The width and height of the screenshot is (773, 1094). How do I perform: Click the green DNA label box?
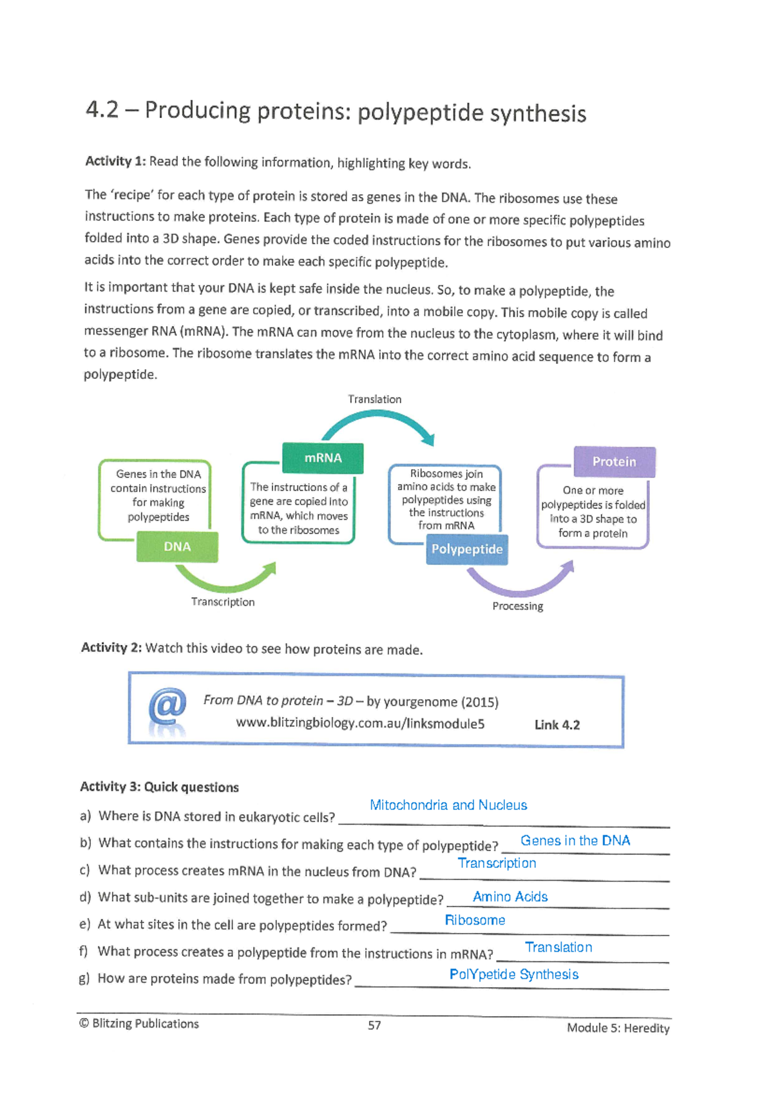tap(177, 547)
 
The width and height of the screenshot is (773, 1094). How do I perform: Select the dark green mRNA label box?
tap(323, 458)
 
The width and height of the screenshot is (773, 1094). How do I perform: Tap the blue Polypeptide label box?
tap(467, 550)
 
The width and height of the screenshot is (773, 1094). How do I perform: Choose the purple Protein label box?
tap(615, 462)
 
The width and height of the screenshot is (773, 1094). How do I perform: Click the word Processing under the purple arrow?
tap(517, 606)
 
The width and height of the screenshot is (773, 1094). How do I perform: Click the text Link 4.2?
tap(557, 725)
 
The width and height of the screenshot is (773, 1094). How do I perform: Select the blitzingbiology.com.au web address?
tap(360, 724)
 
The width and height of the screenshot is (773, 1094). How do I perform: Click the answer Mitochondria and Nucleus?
tap(448, 805)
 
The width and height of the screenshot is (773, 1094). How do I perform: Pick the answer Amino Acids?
tap(510, 897)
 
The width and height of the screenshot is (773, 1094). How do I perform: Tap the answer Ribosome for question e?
tap(475, 920)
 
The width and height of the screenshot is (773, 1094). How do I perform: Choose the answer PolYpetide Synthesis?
tap(513, 974)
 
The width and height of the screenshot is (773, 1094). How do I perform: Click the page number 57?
tap(374, 1025)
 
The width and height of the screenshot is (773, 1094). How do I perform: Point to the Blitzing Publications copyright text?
tap(139, 1024)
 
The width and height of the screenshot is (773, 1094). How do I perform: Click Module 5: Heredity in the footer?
tap(618, 1028)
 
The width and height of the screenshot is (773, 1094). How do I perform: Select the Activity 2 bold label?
tap(111, 648)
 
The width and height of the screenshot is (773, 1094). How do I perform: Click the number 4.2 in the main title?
tap(102, 110)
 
